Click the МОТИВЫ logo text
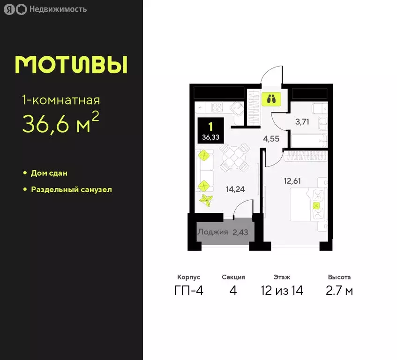click(x=71, y=65)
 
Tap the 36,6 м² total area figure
click(x=60, y=123)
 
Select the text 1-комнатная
click(x=61, y=100)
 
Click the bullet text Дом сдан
click(x=49, y=173)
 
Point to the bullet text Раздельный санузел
click(x=71, y=190)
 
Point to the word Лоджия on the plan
click(x=212, y=232)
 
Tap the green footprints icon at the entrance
click(x=271, y=99)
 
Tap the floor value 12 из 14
click(x=282, y=291)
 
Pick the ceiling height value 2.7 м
click(x=339, y=291)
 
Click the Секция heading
click(x=233, y=277)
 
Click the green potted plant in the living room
click(x=206, y=201)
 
